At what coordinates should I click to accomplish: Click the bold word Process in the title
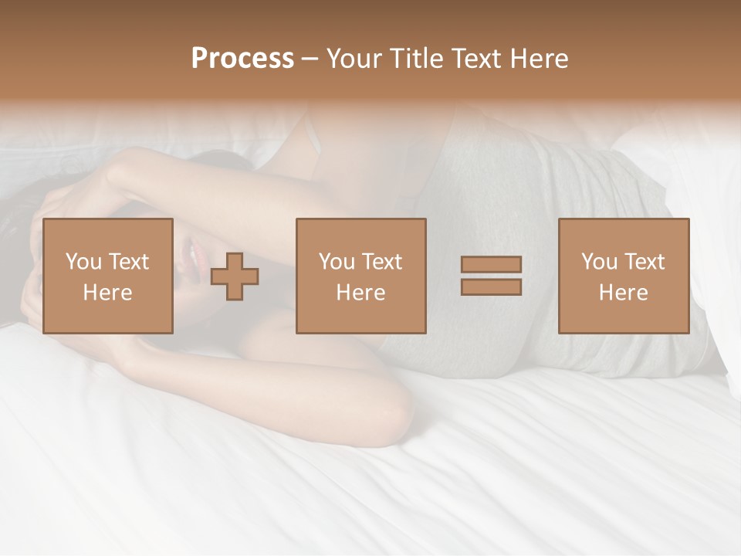tap(242, 59)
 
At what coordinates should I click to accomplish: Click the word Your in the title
tap(353, 59)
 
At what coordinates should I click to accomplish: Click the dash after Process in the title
tap(310, 59)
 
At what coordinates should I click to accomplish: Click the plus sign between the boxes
tap(235, 276)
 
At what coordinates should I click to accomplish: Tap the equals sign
tap(491, 276)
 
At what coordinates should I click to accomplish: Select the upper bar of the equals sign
tap(491, 264)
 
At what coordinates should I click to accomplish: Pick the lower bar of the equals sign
tap(491, 287)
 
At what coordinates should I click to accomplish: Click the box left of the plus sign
tap(108, 276)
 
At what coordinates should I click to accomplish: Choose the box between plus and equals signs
tap(361, 276)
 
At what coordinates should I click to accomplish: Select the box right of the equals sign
tap(624, 276)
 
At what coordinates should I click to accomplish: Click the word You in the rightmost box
tap(598, 262)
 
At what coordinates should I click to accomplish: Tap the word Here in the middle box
tap(361, 293)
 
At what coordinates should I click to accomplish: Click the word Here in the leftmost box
tap(108, 293)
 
